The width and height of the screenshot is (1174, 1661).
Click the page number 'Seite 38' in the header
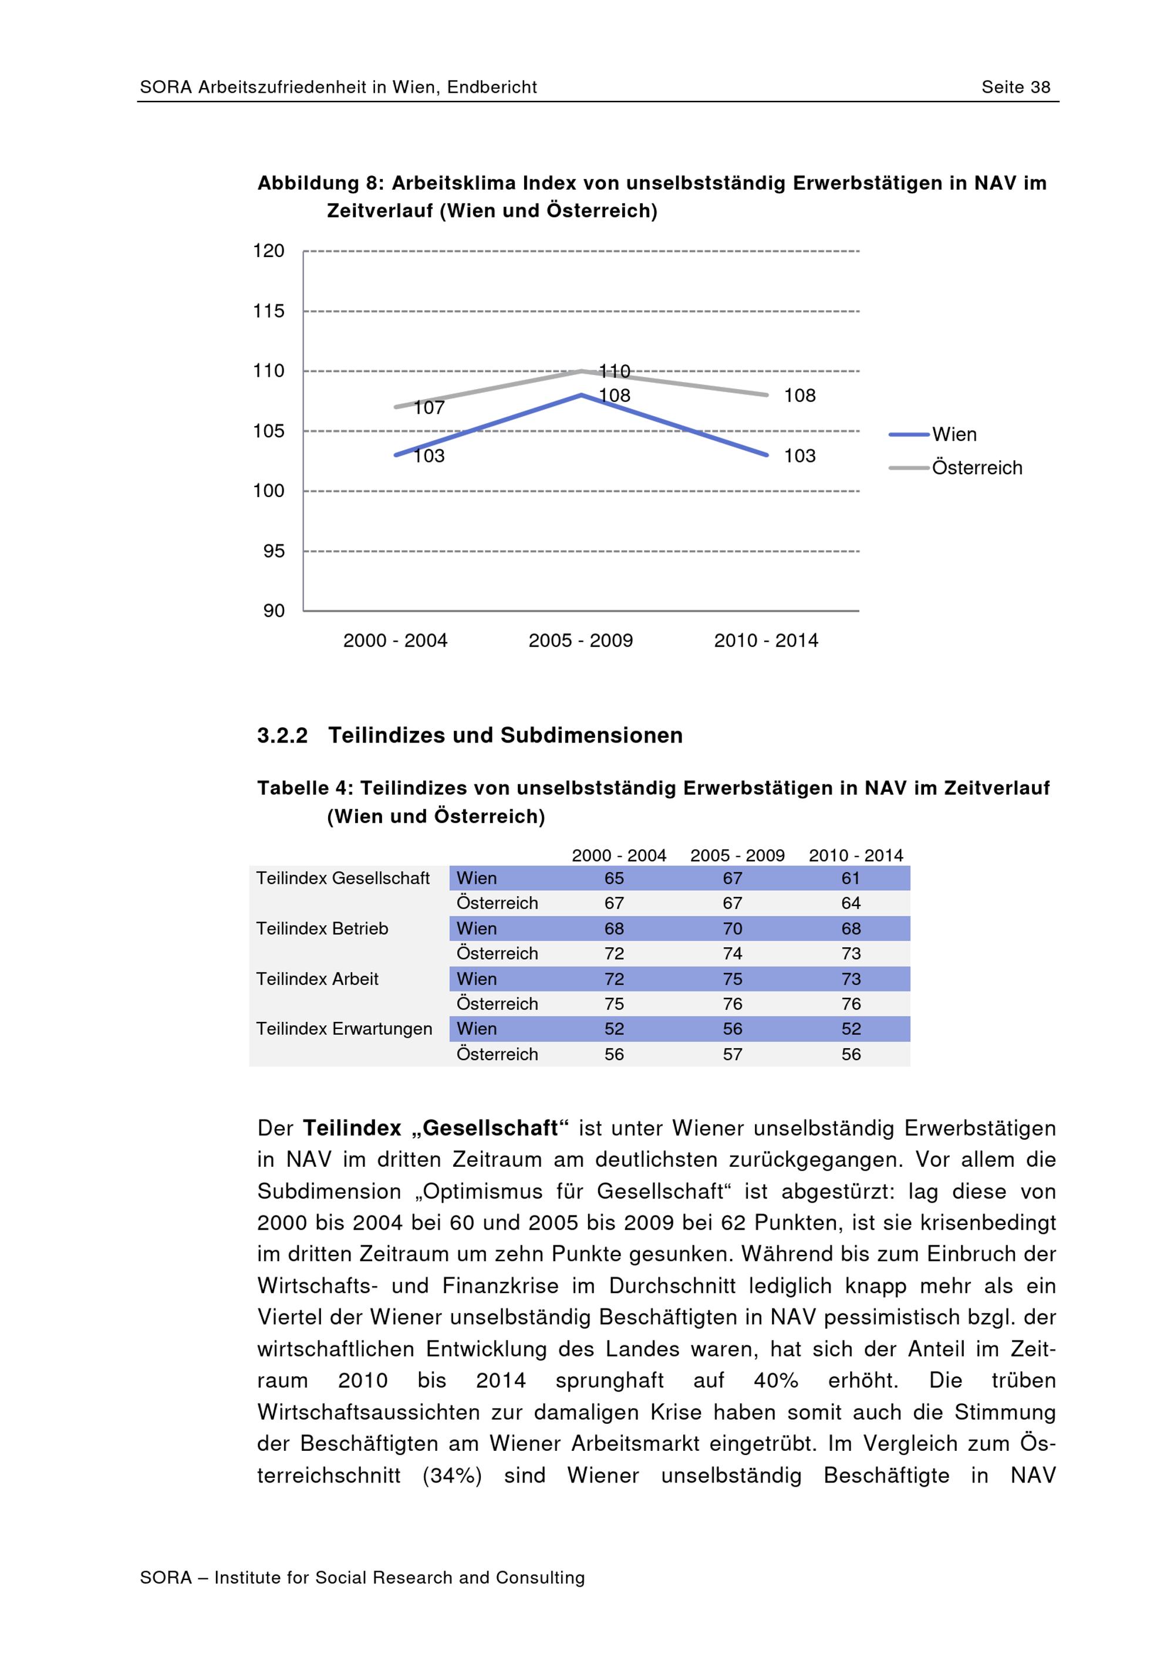(x=1015, y=87)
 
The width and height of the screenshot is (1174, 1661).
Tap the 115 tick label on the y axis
(x=268, y=311)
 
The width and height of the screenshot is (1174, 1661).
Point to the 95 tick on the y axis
(x=274, y=551)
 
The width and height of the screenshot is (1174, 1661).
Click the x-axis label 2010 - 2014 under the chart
(x=765, y=640)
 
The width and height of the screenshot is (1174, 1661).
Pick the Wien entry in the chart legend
(x=953, y=434)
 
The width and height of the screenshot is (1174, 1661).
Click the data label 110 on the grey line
(x=615, y=371)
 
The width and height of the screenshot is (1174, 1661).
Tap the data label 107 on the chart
(x=429, y=408)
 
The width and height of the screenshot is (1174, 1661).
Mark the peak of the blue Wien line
(x=581, y=395)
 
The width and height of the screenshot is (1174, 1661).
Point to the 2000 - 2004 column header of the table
(x=619, y=855)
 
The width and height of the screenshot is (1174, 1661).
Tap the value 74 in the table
(x=732, y=954)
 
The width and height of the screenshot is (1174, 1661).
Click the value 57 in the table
(x=732, y=1054)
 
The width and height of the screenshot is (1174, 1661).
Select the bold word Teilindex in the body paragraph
(x=352, y=1128)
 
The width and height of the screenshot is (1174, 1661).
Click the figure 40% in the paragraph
(x=775, y=1380)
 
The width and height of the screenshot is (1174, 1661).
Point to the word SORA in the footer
(x=166, y=1577)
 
